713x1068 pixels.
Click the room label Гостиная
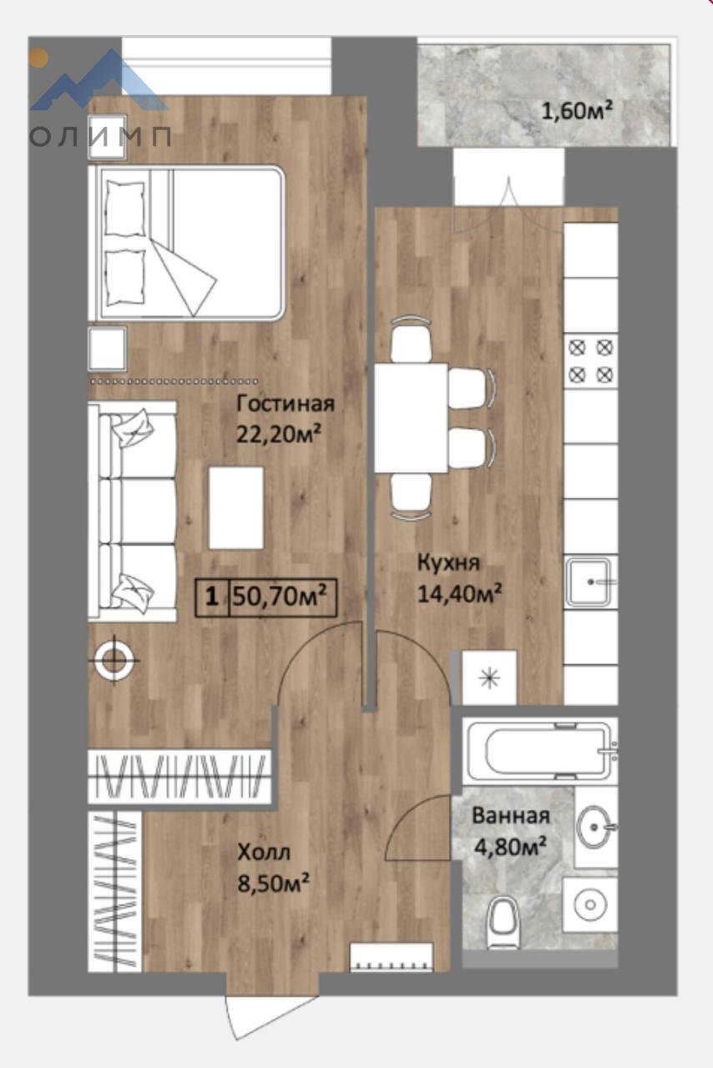[286, 403]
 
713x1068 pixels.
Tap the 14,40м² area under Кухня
[459, 593]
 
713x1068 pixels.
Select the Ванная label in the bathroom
[511, 816]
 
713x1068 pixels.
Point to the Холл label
[264, 852]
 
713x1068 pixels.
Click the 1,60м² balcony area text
[577, 111]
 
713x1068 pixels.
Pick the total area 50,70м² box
[266, 597]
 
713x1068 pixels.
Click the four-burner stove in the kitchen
[591, 361]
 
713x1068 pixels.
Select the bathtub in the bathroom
[542, 750]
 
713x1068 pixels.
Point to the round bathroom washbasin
[595, 826]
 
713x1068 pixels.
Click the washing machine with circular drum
[590, 904]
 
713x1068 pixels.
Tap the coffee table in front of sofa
[236, 507]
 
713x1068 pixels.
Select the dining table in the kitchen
[411, 418]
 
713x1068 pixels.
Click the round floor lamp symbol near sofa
[114, 660]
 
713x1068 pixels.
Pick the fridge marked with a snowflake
[489, 677]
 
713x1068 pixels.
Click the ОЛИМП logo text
[100, 138]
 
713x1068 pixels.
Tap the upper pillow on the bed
[125, 209]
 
